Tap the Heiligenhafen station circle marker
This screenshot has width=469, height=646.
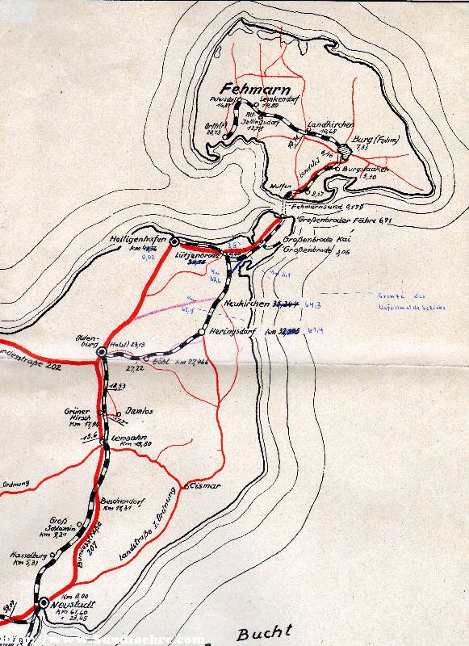point(174,241)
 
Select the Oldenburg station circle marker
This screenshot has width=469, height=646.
point(101,353)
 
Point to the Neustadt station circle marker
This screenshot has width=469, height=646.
point(43,603)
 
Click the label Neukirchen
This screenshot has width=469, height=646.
point(249,304)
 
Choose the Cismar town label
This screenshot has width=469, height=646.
point(204,486)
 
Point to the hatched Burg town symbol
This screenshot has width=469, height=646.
point(344,150)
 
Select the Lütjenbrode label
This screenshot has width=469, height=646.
point(197,254)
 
